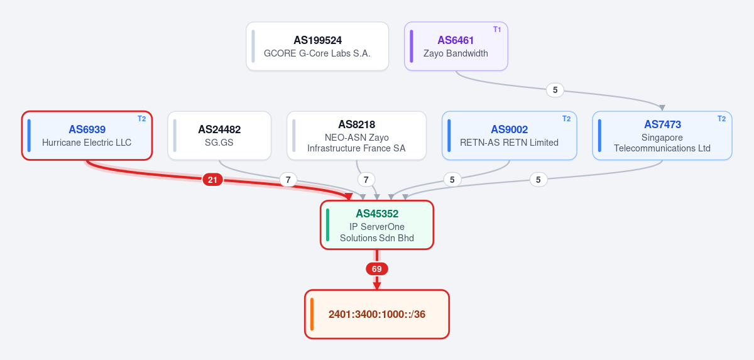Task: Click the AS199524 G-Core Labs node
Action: (317, 46)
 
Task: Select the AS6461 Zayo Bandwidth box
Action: (456, 46)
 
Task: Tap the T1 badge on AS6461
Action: (497, 30)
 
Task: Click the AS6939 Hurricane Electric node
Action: (87, 136)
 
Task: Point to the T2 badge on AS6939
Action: (142, 119)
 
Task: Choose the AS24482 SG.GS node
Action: (219, 136)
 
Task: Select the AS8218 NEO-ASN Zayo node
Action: (356, 136)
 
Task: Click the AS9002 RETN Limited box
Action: (510, 136)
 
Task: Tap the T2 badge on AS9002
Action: (567, 119)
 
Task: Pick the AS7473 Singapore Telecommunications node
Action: (662, 136)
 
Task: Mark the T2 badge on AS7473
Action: (722, 119)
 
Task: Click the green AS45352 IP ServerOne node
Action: (377, 225)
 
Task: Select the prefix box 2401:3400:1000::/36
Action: (377, 314)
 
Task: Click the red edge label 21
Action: (212, 180)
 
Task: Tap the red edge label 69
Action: (376, 269)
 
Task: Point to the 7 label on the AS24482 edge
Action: (288, 180)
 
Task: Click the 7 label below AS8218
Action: (366, 180)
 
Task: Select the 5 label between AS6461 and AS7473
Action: (555, 90)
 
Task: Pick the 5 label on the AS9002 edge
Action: (452, 180)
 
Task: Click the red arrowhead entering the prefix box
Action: (377, 286)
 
